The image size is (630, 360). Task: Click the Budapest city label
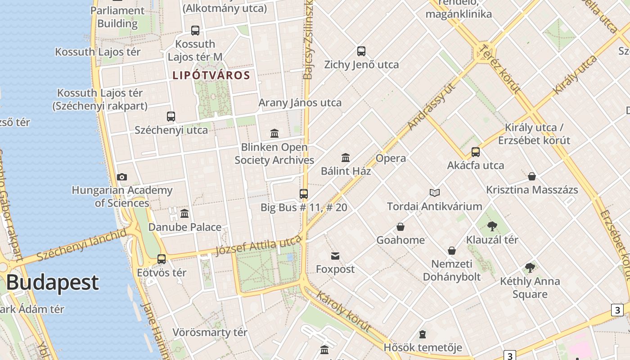pos(52,283)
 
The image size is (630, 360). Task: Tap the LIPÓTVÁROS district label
pos(211,75)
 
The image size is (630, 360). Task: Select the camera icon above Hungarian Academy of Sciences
pos(122,177)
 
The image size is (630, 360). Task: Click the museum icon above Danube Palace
pos(184,213)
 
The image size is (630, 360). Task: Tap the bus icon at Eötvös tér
pos(162,259)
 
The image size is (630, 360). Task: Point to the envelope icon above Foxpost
pos(335,256)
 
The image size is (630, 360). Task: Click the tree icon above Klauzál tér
pos(492,226)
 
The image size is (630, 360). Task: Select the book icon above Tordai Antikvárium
pos(434,193)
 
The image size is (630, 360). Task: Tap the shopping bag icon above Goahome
pos(400,227)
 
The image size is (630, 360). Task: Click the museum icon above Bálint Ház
pos(346,157)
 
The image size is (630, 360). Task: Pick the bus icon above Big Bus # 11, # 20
pos(304,194)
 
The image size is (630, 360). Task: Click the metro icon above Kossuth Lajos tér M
pos(195,31)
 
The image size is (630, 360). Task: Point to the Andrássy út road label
pos(431,107)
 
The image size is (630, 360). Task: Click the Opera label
pos(391,158)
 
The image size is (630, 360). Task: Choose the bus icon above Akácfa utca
pos(476,152)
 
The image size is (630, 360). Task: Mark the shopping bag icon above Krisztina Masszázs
pos(532,176)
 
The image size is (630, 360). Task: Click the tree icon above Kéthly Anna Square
pos(530,268)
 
